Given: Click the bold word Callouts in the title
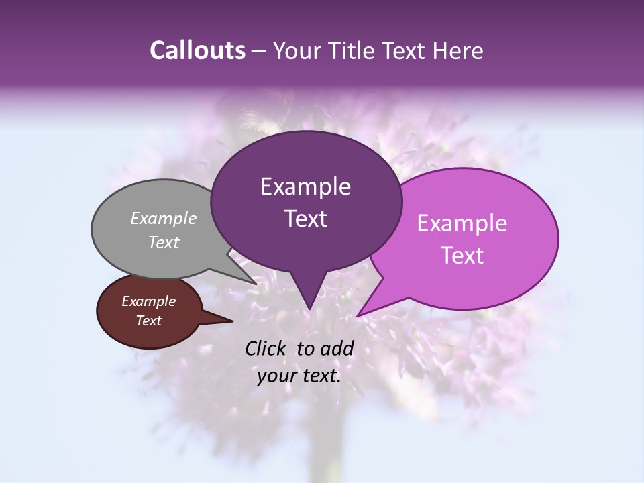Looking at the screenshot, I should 197,50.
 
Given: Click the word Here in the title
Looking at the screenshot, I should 460,51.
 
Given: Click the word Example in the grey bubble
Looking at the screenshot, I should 164,218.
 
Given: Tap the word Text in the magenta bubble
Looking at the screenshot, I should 463,256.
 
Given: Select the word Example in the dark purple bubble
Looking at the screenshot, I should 305,186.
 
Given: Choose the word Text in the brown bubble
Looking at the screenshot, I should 148,321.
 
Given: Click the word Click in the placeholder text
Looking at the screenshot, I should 266,348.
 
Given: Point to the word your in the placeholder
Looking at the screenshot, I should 278,376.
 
